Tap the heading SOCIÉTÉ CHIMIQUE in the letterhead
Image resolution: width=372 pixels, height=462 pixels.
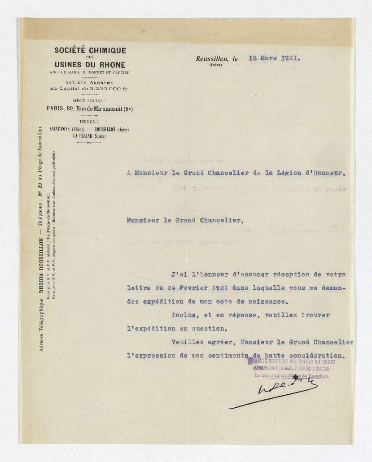[x=90, y=51]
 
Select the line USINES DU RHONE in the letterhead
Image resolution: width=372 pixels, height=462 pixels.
[x=90, y=65]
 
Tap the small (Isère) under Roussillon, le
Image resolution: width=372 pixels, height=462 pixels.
[x=215, y=65]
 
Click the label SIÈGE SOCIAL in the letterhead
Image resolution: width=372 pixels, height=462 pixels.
[x=90, y=101]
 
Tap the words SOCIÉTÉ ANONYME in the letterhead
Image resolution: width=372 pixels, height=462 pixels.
[x=90, y=83]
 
